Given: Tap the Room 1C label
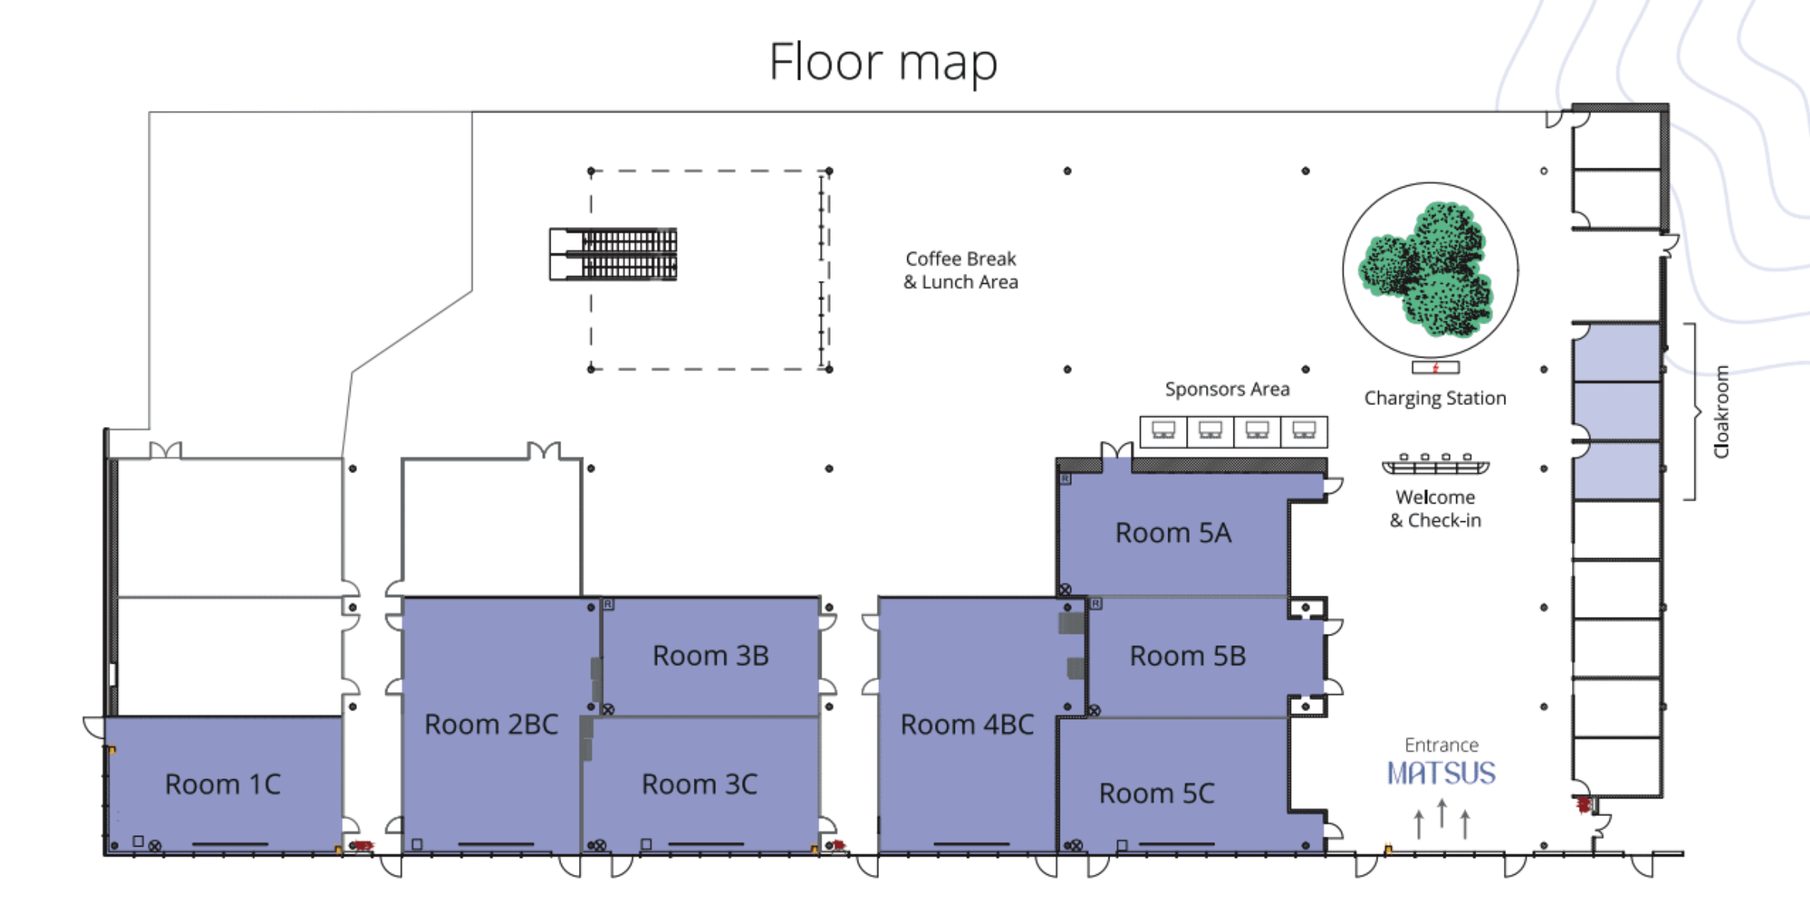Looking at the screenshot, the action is click(223, 784).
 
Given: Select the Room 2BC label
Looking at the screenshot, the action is click(492, 724).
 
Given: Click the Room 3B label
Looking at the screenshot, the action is click(711, 655).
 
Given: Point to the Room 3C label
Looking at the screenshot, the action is click(699, 784).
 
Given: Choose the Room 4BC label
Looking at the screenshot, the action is click(967, 724).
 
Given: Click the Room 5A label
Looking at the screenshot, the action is click(1173, 533).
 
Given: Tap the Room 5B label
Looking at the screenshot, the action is click(1188, 655).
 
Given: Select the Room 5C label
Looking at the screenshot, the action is click(1157, 793).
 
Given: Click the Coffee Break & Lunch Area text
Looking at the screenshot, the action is click(961, 270).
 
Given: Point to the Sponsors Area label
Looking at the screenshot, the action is click(1227, 389).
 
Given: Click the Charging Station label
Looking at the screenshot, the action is click(1435, 398).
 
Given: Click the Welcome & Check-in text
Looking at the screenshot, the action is click(1436, 508).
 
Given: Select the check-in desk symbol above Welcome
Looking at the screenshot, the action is click(1436, 465).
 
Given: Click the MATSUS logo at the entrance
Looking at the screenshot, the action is click(1442, 773).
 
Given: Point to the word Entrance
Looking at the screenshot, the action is click(1442, 745).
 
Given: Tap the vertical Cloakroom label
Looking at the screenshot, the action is click(1721, 412).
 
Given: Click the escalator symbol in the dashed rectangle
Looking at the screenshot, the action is click(613, 254).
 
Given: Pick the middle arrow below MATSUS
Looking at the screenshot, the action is click(1442, 813).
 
